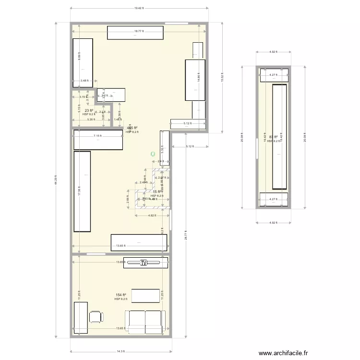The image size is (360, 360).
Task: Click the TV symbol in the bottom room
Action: coord(144,263)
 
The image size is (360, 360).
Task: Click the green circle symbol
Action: coord(153,154)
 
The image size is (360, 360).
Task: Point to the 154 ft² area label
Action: coord(120,295)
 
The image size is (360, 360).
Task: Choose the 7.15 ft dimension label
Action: coord(97,136)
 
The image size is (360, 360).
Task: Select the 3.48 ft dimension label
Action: coord(84,81)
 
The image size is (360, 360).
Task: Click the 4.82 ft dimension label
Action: coord(152,215)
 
